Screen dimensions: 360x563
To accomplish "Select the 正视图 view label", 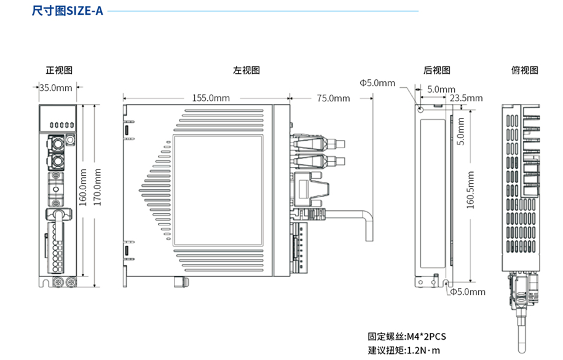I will click(x=59, y=70).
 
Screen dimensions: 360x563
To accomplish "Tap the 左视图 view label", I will click(x=246, y=70).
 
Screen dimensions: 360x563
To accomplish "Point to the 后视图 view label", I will click(x=436, y=70).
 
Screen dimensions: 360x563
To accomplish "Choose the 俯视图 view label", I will click(x=524, y=70).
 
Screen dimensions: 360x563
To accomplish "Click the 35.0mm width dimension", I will click(x=56, y=87).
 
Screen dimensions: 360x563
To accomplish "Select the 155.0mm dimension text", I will click(x=211, y=98).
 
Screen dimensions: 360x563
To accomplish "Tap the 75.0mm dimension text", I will click(x=333, y=98).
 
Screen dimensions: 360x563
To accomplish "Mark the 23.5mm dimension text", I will click(x=466, y=98).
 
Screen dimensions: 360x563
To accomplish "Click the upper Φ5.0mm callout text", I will click(x=377, y=82).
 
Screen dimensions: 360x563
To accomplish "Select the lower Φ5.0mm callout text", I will click(x=467, y=292).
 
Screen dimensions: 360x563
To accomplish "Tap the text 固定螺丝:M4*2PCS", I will click(x=406, y=336).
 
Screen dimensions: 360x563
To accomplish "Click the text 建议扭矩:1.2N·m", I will click(x=404, y=350).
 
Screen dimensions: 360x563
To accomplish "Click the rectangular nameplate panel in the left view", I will click(x=218, y=189).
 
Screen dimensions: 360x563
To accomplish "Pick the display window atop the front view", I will click(x=59, y=118).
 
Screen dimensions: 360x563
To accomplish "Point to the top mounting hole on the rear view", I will click(x=420, y=109).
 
